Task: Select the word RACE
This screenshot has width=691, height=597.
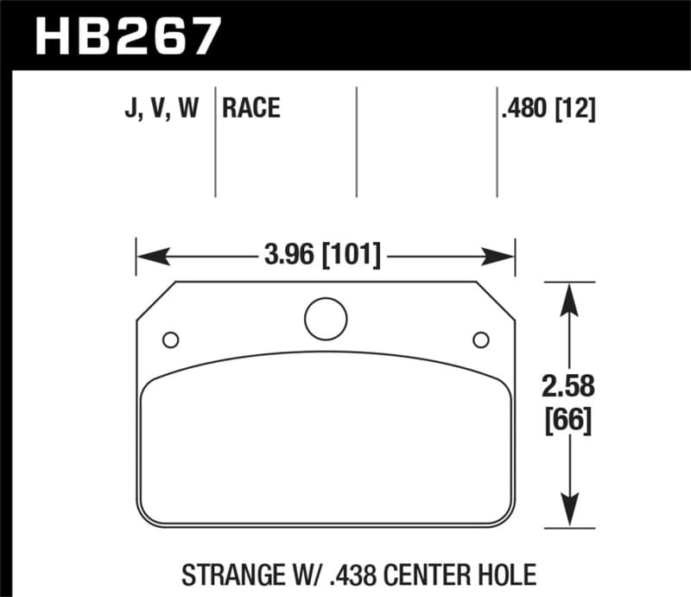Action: (251, 109)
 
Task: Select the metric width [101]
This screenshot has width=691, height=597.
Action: (351, 257)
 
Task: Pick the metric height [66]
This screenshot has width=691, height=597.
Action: (567, 422)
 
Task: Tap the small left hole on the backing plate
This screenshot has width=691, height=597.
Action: (170, 338)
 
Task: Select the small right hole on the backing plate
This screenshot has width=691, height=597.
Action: (480, 338)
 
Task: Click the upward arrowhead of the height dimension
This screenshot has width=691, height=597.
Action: (567, 298)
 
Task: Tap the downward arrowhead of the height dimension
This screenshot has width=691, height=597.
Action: (567, 510)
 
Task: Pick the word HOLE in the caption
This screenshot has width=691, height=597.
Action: (504, 573)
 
